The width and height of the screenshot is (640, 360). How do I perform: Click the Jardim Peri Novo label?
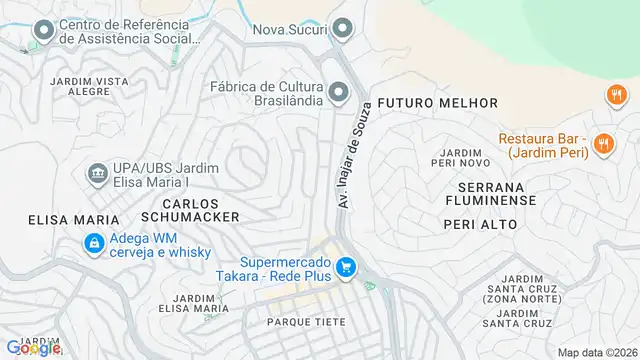pos(459,158)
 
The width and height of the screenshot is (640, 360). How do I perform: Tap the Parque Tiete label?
pos(306,322)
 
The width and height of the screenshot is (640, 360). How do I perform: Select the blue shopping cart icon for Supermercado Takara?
pos(346,268)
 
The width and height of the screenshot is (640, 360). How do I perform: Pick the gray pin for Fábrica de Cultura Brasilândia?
pos(338,93)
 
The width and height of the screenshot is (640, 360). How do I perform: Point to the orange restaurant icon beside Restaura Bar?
pos(603,144)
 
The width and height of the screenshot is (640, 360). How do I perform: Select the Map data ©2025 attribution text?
pos(597,352)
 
